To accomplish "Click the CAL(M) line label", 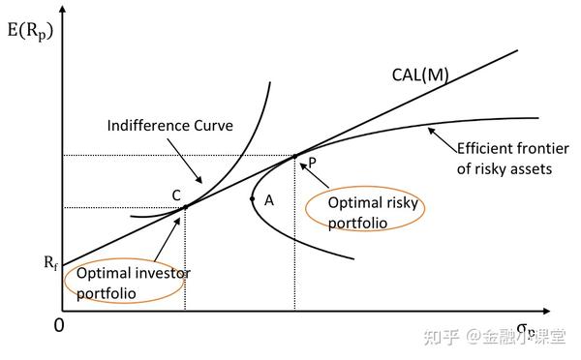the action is point(419,75).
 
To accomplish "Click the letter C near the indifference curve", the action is point(176,195).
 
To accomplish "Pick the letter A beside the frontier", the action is point(268,200).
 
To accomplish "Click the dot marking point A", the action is point(252,199).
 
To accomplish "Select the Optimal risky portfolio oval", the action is point(357,212).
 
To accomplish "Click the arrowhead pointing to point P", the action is point(301,163).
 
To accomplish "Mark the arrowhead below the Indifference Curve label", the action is point(199,182).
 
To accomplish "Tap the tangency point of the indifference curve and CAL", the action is point(184,206).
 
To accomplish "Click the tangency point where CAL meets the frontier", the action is point(294,155).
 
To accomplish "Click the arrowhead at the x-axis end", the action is point(548,312).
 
